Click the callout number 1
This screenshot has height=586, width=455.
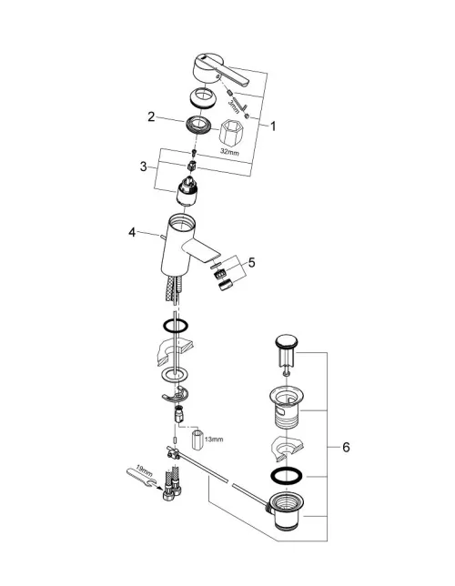[273, 126]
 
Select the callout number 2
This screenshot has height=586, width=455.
[151, 116]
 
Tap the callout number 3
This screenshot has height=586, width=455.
[143, 167]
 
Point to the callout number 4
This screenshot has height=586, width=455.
[132, 232]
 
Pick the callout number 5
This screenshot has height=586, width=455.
[251, 263]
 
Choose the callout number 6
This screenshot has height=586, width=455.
[346, 447]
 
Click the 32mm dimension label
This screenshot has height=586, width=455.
[229, 152]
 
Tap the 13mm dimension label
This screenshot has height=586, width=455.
[214, 439]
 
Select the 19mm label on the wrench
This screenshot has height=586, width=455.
[144, 471]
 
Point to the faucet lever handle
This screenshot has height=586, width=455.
[220, 71]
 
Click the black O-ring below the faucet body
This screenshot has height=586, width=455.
[176, 326]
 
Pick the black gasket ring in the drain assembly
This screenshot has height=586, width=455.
[287, 477]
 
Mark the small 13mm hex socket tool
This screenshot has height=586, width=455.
[197, 439]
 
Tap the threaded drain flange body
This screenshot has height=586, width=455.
[287, 408]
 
